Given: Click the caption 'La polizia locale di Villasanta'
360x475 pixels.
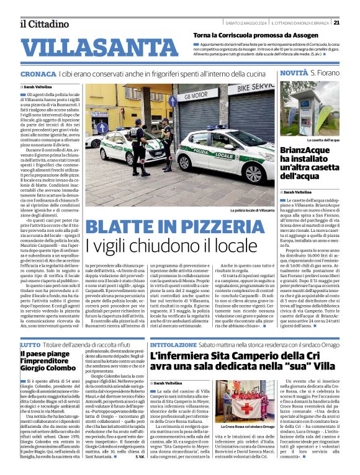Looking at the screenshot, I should tap(251, 211).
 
